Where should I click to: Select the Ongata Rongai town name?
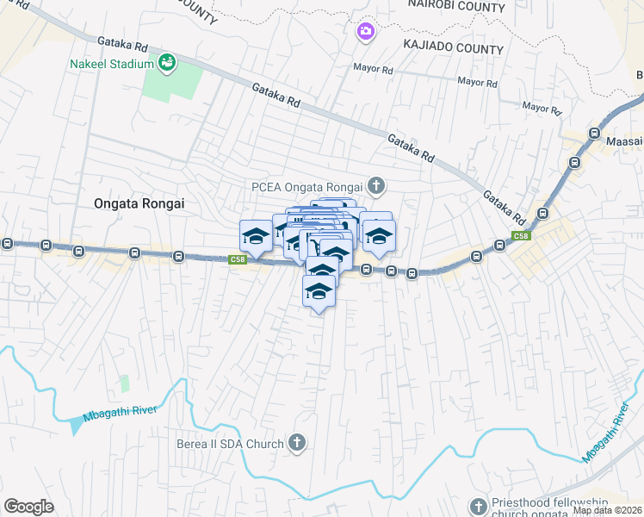[x=139, y=203]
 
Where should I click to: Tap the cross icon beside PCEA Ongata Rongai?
[x=376, y=184]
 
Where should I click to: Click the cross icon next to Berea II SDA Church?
[x=297, y=444]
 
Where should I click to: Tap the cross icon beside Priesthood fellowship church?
[x=479, y=506]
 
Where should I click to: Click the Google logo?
[x=28, y=507]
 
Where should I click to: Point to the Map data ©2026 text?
[x=607, y=510]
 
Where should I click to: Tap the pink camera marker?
[x=365, y=32]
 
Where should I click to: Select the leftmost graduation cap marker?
[x=256, y=236]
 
